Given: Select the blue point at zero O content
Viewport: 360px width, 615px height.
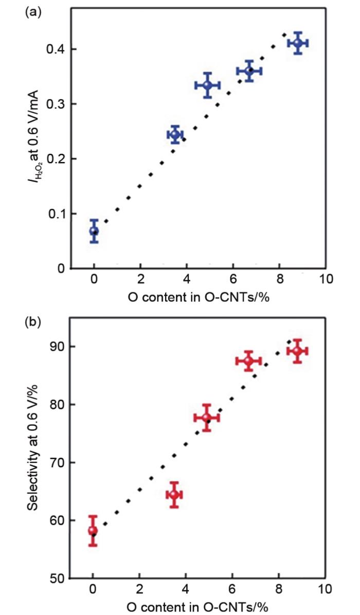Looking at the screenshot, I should tap(94, 231).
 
